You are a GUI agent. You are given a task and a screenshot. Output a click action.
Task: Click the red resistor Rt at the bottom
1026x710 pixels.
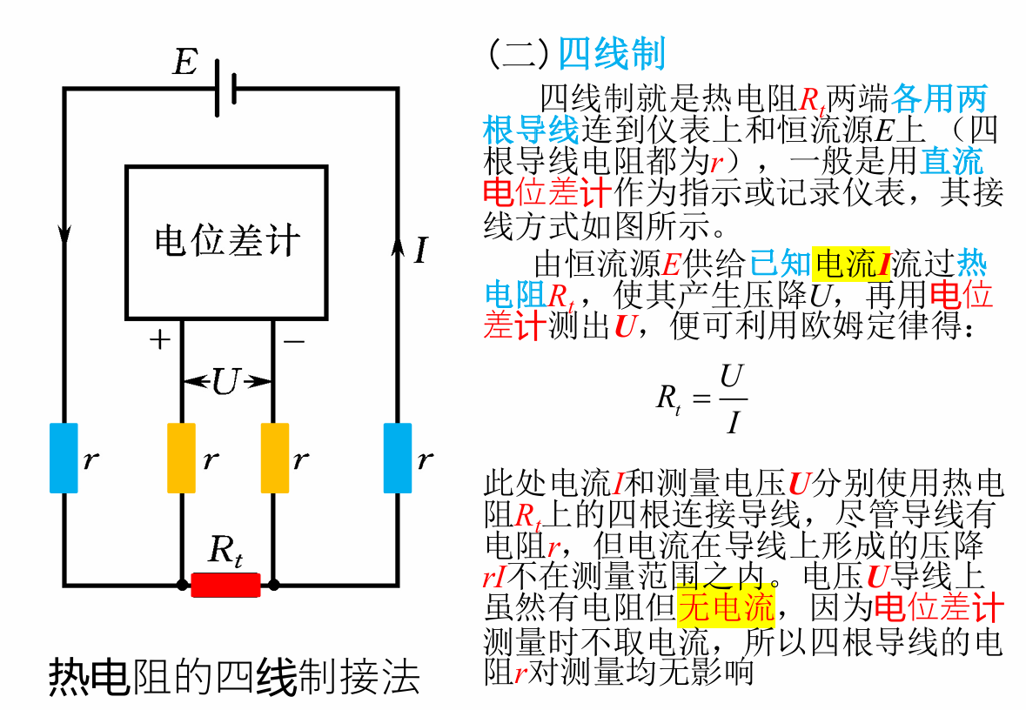click(x=225, y=585)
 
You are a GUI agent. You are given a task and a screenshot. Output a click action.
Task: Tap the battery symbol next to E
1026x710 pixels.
click(x=225, y=89)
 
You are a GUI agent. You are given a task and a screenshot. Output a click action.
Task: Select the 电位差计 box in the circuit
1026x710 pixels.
click(x=226, y=241)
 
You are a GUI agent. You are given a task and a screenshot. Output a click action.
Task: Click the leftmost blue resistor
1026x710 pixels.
click(x=64, y=458)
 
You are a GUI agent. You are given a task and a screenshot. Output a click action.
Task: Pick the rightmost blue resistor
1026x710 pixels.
click(x=398, y=458)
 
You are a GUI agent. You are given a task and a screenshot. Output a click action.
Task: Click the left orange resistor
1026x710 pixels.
click(x=181, y=458)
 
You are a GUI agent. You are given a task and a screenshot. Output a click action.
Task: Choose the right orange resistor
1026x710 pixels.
click(x=274, y=458)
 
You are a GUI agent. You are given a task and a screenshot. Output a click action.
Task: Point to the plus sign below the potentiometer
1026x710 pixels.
click(x=159, y=340)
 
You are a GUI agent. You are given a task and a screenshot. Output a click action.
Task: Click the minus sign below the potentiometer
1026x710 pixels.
click(x=293, y=342)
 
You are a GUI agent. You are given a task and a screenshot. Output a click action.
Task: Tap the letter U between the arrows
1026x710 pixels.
click(x=225, y=381)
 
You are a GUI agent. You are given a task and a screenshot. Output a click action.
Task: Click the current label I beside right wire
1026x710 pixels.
click(x=421, y=251)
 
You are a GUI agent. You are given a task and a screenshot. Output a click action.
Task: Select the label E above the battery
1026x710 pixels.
click(x=184, y=63)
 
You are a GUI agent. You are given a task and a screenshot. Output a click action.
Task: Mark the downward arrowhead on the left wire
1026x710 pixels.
click(x=64, y=234)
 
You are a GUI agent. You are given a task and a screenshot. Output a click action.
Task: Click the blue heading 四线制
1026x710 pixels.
click(x=611, y=54)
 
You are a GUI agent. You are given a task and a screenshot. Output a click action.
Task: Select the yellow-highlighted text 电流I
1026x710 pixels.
click(x=852, y=263)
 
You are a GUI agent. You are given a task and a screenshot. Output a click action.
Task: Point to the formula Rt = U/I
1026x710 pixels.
click(x=701, y=399)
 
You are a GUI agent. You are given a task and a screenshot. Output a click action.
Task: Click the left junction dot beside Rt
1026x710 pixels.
click(x=181, y=585)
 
